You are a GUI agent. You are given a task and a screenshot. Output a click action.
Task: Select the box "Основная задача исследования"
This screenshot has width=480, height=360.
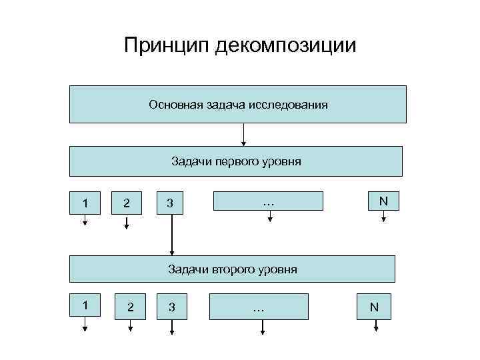pyautogui.click(x=238, y=105)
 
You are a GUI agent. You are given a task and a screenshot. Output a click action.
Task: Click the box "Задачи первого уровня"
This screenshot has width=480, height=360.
pyautogui.click(x=236, y=161)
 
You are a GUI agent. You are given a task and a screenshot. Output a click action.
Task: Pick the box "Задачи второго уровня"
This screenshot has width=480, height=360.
pyautogui.click(x=233, y=269)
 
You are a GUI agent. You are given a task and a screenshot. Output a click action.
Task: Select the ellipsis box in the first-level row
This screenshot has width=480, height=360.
pyautogui.click(x=268, y=201)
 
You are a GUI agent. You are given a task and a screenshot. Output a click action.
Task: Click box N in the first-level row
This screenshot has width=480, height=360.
pyautogui.click(x=383, y=201)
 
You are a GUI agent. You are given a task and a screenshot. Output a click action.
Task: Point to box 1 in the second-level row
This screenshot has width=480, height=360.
pyautogui.click(x=85, y=305)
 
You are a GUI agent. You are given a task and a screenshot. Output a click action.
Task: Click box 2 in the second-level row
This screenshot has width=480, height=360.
pyautogui.click(x=131, y=307)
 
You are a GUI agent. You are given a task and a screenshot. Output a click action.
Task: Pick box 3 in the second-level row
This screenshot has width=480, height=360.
pyautogui.click(x=172, y=307)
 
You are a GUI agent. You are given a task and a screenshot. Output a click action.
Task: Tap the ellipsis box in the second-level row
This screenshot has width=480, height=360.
pyautogui.click(x=259, y=307)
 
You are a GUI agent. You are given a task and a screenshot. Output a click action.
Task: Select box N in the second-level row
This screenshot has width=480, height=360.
pyautogui.click(x=374, y=307)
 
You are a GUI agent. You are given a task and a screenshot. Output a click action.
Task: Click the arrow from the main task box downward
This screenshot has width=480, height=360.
pyautogui.click(x=243, y=135)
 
